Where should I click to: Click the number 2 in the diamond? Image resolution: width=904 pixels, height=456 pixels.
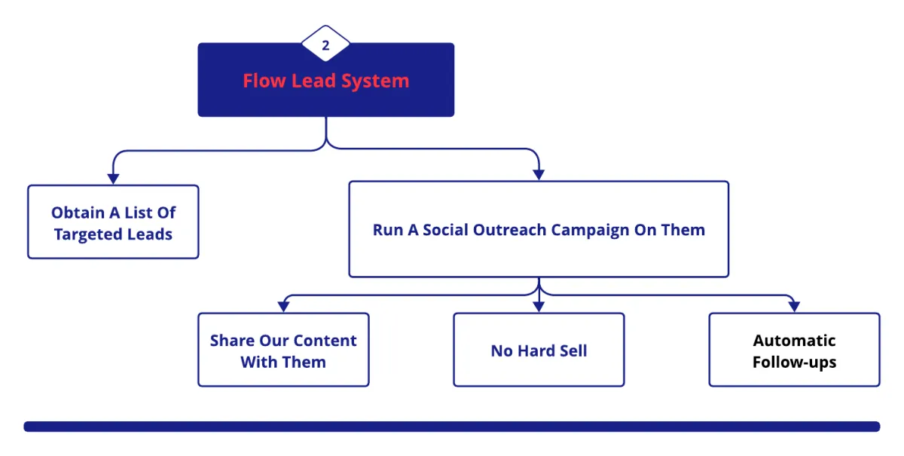tap(325, 45)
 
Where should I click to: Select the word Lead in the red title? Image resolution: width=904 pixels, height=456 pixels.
tap(314, 81)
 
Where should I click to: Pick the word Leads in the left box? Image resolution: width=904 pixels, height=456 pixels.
tap(148, 234)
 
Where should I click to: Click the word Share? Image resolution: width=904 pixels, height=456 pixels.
tap(232, 341)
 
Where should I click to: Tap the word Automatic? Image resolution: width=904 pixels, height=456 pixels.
tap(794, 341)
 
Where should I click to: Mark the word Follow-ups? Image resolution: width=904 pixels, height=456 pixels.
tap(794, 362)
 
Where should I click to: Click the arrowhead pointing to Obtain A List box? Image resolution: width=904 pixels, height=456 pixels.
tap(113, 179)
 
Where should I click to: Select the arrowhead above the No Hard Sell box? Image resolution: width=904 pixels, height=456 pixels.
tap(539, 307)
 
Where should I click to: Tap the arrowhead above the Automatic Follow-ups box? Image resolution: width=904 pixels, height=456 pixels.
tap(794, 307)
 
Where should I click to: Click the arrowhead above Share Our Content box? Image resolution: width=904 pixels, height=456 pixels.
tap(283, 307)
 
